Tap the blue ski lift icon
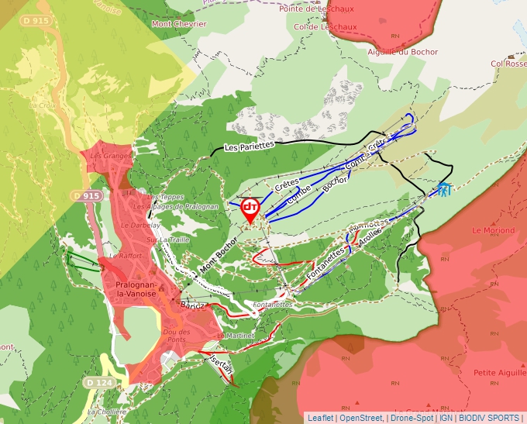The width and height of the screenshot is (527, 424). coord(443,188)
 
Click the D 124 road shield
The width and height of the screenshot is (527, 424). coord(100,383)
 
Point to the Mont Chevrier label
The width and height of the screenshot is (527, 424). coord(179,24)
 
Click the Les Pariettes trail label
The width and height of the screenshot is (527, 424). coord(250,145)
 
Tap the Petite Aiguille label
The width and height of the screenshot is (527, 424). coord(496,374)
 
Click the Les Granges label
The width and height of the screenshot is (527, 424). coord(105,156)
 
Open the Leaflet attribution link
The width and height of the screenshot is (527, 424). coord(320,418)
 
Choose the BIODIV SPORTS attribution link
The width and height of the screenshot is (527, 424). coord(489,418)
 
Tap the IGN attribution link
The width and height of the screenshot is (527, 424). coord(446,418)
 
